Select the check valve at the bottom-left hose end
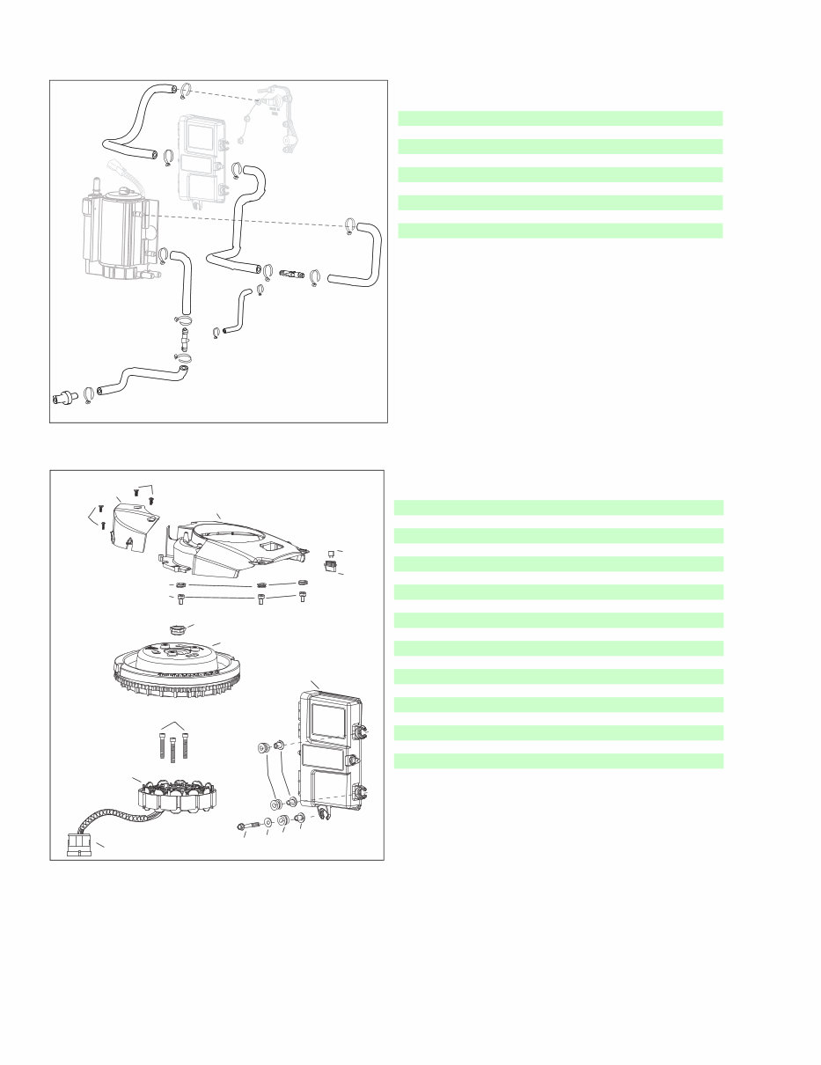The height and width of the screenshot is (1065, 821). coord(64,396)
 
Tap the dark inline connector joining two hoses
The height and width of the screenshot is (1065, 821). coord(292,274)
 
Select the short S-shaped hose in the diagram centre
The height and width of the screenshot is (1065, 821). coord(238,309)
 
